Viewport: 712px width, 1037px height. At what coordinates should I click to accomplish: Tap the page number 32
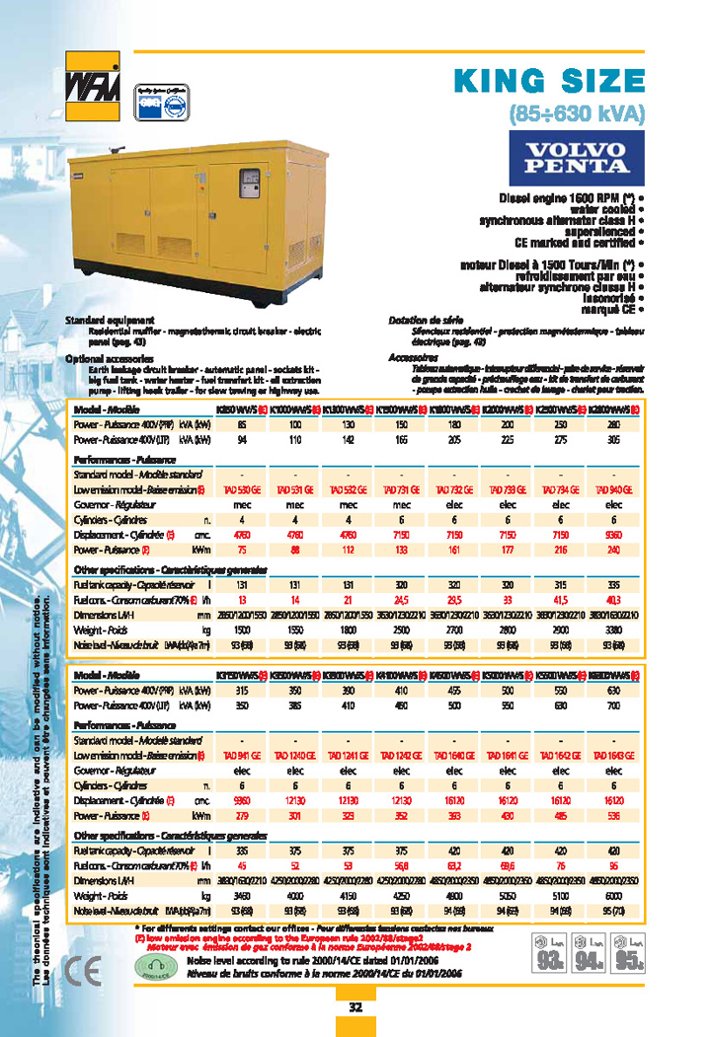[x=356, y=1007]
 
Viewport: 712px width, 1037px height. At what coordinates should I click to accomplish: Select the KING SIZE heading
[x=548, y=80]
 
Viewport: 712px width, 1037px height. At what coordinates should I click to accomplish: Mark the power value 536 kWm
[x=613, y=816]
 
